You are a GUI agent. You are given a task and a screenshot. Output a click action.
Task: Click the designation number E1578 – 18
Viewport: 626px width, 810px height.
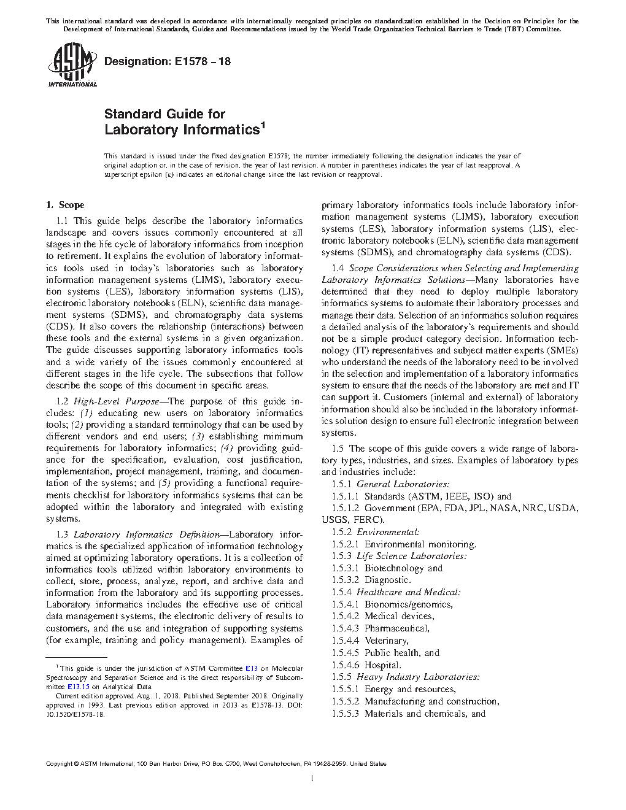pyautogui.click(x=201, y=61)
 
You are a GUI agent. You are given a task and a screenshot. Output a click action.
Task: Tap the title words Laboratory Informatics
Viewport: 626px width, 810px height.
pyautogui.click(x=181, y=130)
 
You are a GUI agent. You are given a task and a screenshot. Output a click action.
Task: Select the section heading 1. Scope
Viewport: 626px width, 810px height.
pyautogui.click(x=66, y=205)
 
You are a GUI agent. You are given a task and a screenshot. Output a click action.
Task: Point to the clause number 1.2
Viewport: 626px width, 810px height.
pyautogui.click(x=63, y=401)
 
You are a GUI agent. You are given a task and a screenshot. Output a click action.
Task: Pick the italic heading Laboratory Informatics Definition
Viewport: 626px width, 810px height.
pyautogui.click(x=146, y=534)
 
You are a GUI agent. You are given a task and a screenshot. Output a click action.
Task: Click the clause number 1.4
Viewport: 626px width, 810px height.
pyautogui.click(x=338, y=268)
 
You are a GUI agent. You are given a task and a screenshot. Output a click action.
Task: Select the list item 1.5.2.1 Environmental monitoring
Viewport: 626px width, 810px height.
pyautogui.click(x=404, y=544)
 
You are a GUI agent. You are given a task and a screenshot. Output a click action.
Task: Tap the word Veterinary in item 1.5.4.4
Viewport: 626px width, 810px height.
pyautogui.click(x=386, y=641)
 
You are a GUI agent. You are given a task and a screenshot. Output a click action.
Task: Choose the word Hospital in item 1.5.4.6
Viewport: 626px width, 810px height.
pyautogui.click(x=382, y=665)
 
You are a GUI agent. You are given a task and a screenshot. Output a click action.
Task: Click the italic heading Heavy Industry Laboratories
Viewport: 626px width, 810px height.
pyautogui.click(x=417, y=677)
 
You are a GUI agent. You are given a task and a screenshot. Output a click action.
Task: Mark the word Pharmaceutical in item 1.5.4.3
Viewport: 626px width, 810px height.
pyautogui.click(x=396, y=628)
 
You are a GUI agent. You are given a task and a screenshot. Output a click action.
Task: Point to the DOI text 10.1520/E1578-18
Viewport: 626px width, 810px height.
pyautogui.click(x=75, y=715)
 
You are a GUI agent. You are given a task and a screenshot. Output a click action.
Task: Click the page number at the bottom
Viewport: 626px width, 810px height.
pyautogui.click(x=312, y=779)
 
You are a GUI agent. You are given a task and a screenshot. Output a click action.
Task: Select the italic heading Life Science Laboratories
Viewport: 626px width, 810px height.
pyautogui.click(x=411, y=556)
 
